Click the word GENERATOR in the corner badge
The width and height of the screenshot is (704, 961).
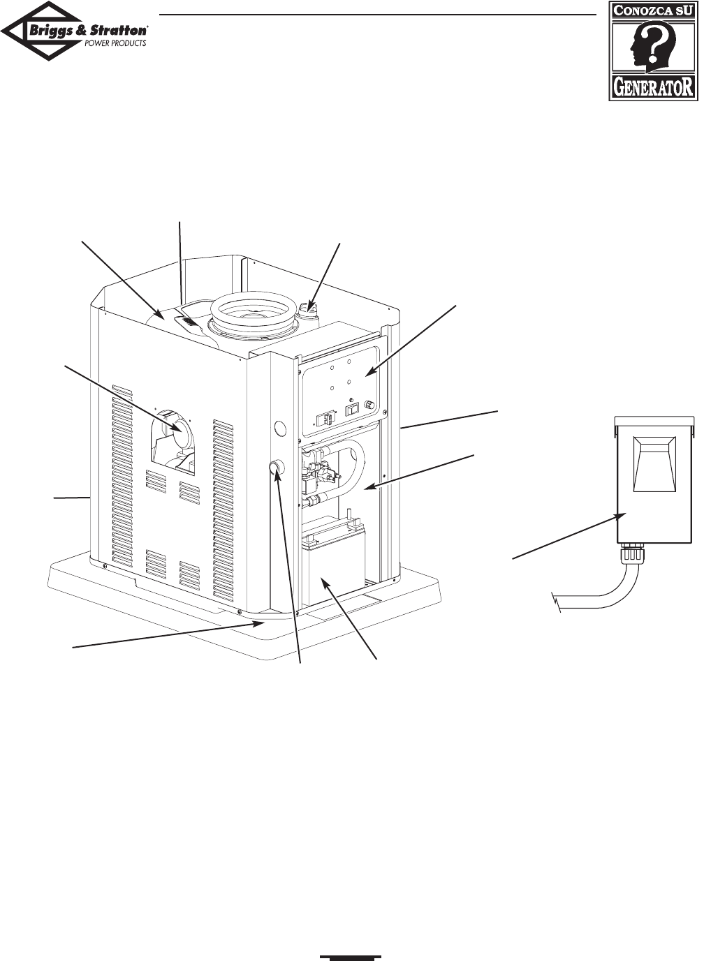point(654,87)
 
